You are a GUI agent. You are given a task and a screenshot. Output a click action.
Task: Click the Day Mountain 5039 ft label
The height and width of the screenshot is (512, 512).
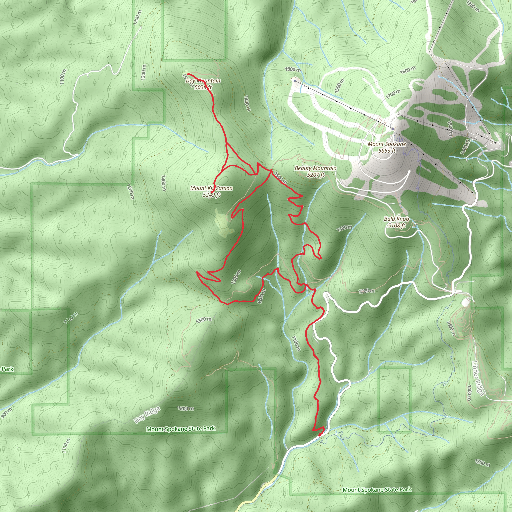click(x=203, y=84)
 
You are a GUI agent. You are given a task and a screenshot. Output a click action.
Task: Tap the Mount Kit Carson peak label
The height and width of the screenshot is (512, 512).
click(x=211, y=191)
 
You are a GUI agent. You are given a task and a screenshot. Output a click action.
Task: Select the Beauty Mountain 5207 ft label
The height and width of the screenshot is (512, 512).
click(x=316, y=171)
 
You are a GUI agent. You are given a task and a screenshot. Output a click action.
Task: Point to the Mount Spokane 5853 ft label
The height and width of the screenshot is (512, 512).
click(x=387, y=147)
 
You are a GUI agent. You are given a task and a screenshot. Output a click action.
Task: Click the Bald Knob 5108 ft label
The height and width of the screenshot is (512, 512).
click(x=396, y=222)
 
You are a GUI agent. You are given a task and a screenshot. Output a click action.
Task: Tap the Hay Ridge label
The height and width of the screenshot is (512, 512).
click(x=147, y=415)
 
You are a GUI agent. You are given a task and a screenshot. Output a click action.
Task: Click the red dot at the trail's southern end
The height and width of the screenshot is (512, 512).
click(x=320, y=435)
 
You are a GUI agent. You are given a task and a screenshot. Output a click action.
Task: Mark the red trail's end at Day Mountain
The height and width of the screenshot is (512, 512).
click(x=188, y=74)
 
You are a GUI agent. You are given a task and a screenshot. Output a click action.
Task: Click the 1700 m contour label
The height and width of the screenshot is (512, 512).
click(x=393, y=94)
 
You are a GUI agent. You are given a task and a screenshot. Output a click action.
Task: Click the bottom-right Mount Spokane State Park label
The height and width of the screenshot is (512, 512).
click(x=377, y=490)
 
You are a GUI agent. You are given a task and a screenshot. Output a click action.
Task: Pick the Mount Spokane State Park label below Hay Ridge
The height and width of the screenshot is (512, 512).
click(x=181, y=429)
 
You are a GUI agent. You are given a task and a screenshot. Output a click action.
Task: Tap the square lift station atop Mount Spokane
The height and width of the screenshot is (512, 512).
click(x=393, y=129)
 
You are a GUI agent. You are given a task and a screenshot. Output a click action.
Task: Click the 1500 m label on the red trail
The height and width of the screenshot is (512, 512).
click(x=281, y=178)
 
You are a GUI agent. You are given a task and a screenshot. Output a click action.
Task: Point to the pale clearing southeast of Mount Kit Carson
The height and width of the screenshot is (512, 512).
click(x=224, y=224)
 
